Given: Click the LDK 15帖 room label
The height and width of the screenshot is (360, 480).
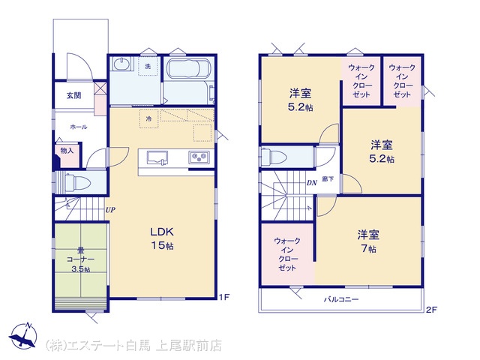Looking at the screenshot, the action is (162, 238).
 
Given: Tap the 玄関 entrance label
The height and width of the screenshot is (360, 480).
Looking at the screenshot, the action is (73, 95).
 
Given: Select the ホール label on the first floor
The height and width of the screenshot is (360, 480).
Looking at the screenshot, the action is (79, 127).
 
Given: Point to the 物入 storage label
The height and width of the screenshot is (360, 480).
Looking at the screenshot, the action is (67, 151).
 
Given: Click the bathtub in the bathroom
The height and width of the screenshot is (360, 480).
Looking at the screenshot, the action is (188, 69).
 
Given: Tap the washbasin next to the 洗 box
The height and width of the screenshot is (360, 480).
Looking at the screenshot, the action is (121, 64).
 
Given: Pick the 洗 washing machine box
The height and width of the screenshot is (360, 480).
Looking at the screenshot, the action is (148, 66).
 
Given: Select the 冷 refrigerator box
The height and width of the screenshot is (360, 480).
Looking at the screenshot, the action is (149, 118).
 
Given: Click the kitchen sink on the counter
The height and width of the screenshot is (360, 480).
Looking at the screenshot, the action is (157, 157).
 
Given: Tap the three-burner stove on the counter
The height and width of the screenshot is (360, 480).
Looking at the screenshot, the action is (199, 157).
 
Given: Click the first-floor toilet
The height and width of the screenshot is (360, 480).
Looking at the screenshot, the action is (78, 183).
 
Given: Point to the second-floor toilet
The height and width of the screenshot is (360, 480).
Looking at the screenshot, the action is (274, 157).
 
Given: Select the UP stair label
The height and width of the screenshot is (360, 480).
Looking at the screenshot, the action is (110, 210).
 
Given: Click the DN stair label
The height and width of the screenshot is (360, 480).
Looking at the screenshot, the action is (312, 183).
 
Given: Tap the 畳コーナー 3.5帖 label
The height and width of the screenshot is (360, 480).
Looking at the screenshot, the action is (80, 259).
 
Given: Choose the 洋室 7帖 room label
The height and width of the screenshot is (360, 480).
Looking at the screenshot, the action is (368, 241).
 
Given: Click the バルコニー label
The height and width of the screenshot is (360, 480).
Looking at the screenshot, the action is (341, 299).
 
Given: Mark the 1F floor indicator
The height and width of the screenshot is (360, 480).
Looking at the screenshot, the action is (223, 297).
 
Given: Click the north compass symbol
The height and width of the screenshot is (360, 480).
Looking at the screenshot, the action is (23, 336).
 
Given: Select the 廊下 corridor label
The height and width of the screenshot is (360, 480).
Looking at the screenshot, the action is (328, 179).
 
